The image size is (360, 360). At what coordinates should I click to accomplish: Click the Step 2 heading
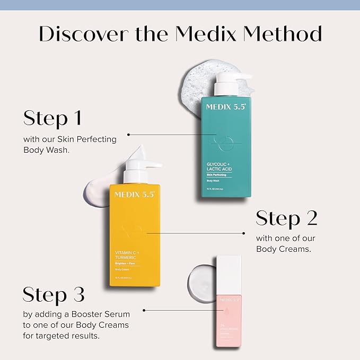(287, 218)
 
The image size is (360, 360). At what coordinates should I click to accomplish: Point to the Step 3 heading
(54, 295)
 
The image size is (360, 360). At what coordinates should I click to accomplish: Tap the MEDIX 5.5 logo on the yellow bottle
(134, 195)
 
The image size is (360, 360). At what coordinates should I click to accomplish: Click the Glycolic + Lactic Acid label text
(219, 166)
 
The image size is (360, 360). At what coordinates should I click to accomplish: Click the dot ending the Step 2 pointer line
(243, 233)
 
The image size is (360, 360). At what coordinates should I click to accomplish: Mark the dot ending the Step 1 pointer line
(128, 135)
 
